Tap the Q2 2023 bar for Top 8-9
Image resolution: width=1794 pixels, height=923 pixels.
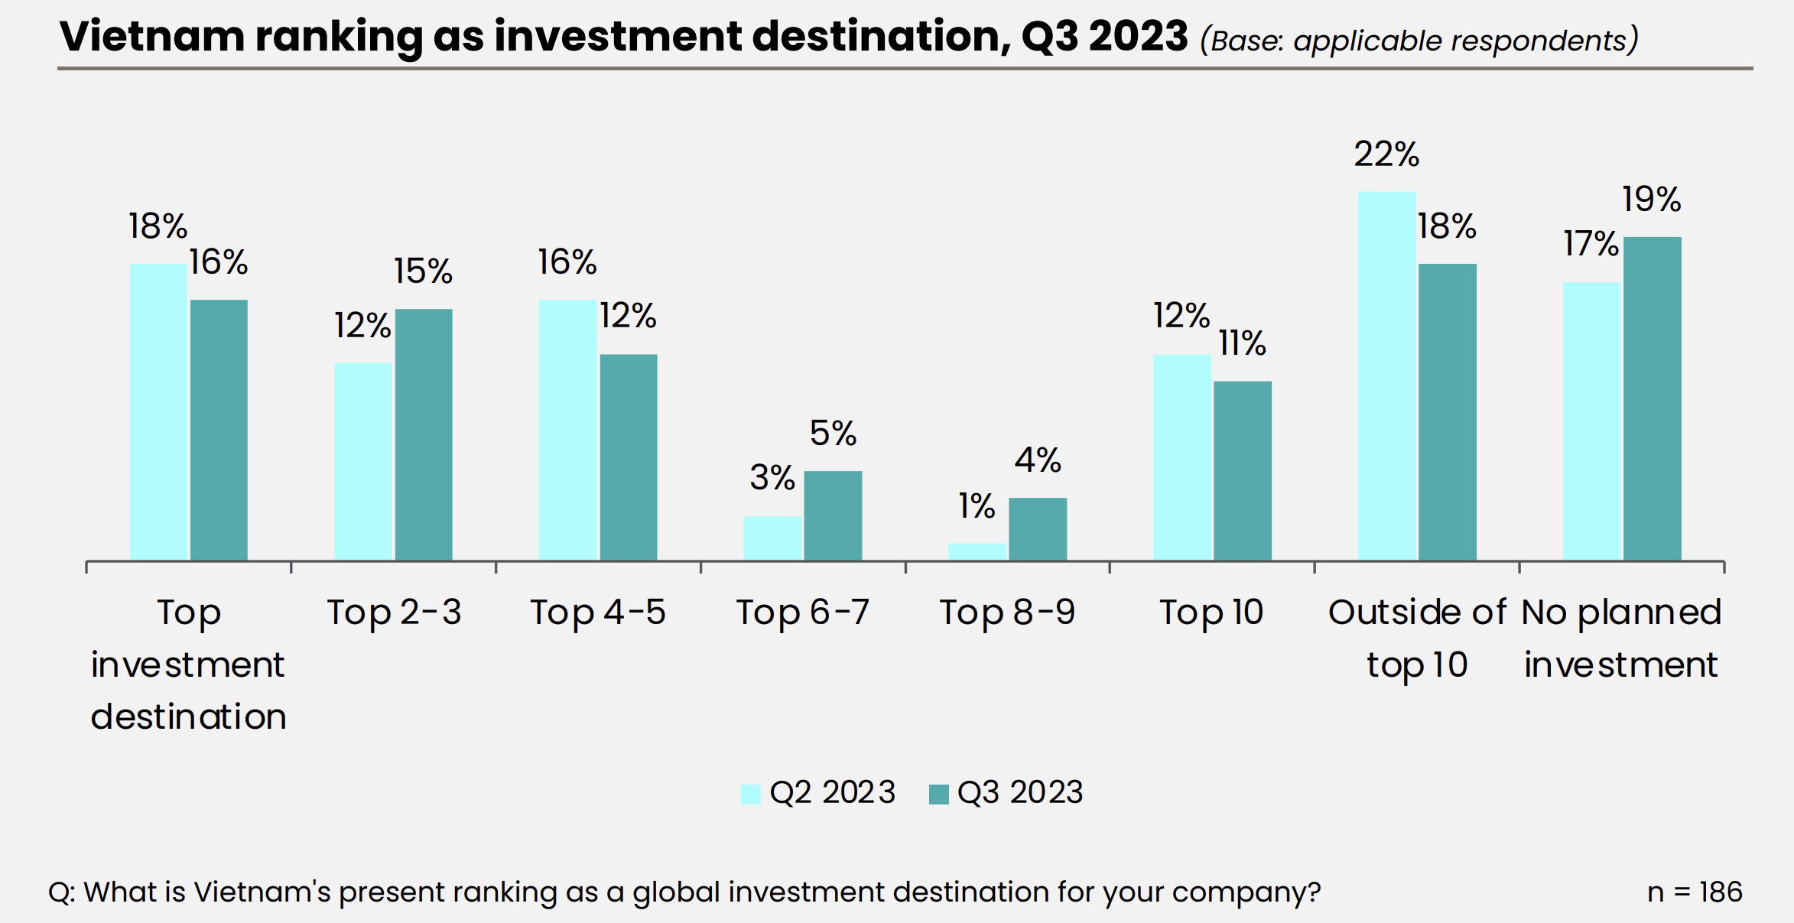click(x=977, y=551)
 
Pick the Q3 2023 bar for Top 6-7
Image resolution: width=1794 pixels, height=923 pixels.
click(x=833, y=515)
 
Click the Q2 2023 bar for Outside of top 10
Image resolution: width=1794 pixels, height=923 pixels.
click(x=1386, y=375)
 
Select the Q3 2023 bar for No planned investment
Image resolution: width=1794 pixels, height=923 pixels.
click(x=1652, y=398)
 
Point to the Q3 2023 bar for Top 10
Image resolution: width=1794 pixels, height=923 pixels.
click(x=1243, y=470)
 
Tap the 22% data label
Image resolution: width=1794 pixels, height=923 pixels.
click(x=1386, y=154)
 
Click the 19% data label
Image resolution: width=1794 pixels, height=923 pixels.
click(x=1652, y=200)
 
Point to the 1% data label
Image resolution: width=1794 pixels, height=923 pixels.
click(x=977, y=506)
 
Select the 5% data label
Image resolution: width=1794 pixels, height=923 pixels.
click(x=833, y=434)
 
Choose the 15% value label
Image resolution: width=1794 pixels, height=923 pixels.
click(x=424, y=271)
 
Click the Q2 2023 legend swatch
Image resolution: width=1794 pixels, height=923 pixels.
click(x=751, y=794)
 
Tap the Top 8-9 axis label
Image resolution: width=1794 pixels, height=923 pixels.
click(x=1007, y=613)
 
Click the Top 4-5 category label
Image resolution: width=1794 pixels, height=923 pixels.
click(x=598, y=613)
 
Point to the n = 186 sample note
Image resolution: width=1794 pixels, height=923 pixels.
click(x=1695, y=892)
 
